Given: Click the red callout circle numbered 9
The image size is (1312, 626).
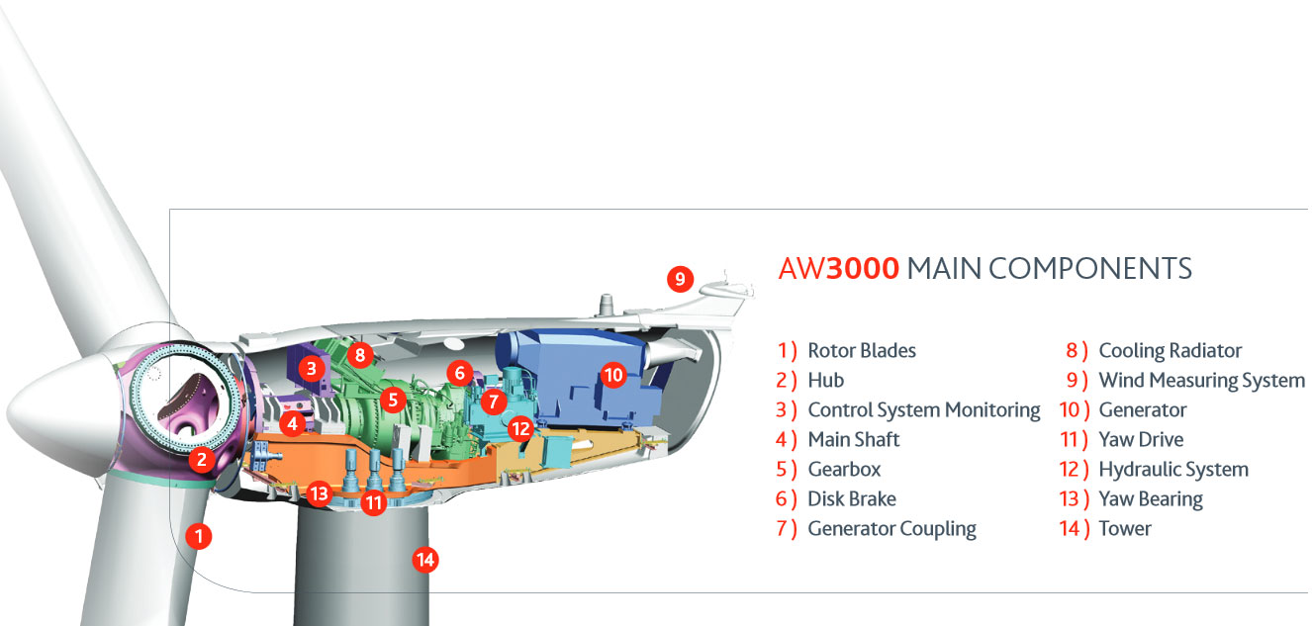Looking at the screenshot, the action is (x=680, y=279).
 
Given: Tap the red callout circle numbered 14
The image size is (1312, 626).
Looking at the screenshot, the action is (x=425, y=560).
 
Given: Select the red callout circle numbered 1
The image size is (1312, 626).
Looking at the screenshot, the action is (x=199, y=536).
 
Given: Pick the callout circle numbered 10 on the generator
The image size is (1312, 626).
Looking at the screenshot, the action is (x=613, y=374).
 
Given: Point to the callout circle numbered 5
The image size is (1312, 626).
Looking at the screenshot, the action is (x=393, y=400).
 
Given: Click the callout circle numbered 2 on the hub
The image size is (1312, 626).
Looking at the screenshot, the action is (x=202, y=459).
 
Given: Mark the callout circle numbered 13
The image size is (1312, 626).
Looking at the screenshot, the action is (x=320, y=493).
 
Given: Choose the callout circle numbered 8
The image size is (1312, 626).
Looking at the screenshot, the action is (x=360, y=354).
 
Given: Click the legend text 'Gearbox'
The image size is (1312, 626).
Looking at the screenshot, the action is (x=844, y=469).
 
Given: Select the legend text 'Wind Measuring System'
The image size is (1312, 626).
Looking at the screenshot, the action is (x=1202, y=381).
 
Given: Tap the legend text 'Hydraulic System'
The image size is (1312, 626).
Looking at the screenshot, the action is (x=1173, y=470).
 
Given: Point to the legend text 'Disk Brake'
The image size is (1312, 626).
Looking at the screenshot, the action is (x=852, y=499).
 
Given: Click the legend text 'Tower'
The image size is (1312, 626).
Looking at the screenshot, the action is (x=1125, y=529).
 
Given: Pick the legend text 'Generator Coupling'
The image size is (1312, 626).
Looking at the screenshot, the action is (x=892, y=529).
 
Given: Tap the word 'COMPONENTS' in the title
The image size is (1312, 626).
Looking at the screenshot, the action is (x=1090, y=269).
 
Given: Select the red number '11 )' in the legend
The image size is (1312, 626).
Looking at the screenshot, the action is (x=1075, y=440).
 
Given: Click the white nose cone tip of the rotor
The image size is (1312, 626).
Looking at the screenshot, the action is (x=9, y=410).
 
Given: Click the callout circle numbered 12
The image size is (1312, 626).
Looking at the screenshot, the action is (x=520, y=429).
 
